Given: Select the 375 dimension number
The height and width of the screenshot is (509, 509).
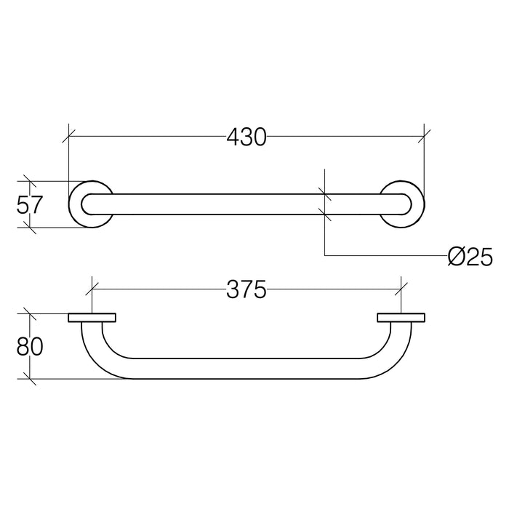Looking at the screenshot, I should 246,290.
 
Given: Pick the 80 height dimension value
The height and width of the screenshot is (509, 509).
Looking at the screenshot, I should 30,346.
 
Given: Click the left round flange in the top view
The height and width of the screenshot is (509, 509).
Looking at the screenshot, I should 89,204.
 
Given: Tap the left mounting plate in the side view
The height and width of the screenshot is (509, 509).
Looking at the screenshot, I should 92,318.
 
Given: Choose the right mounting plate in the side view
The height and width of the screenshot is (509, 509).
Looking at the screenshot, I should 401,318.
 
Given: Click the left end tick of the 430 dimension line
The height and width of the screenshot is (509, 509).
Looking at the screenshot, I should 68,135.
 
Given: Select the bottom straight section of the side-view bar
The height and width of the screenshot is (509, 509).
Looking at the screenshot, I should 246,369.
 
